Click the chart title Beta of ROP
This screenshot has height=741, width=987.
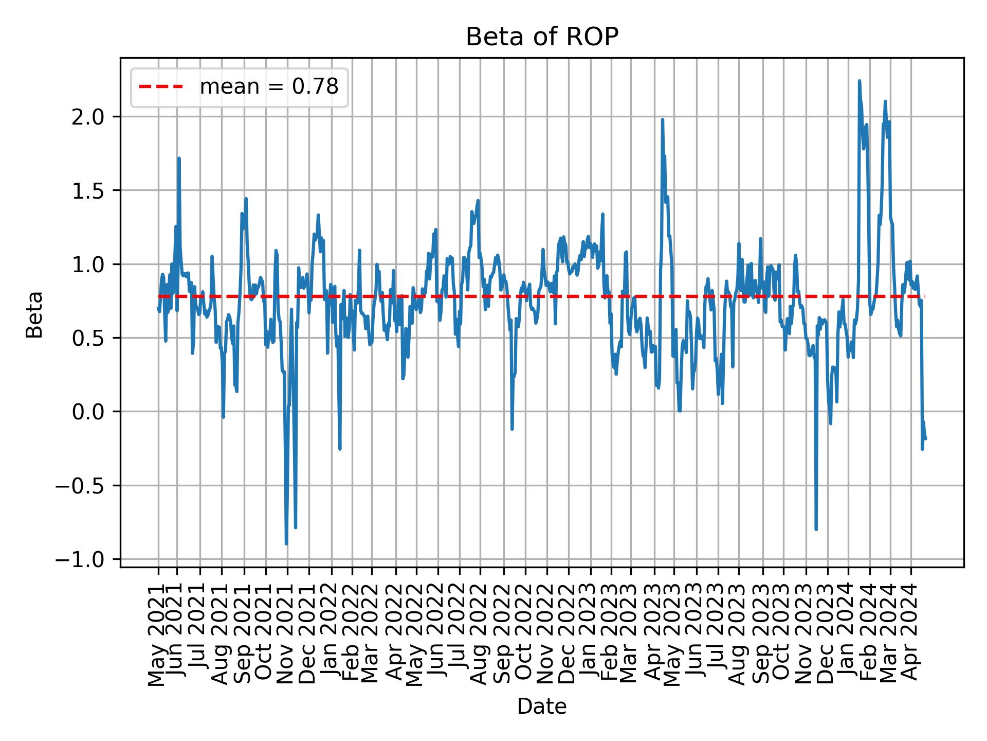[x=542, y=37]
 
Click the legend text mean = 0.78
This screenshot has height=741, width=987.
[x=269, y=87]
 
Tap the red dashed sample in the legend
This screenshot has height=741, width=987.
[x=161, y=87]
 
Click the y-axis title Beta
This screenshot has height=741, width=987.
[x=34, y=314]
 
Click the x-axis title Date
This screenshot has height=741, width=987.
[x=542, y=707]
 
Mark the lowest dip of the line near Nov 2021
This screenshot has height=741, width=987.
[x=286, y=543]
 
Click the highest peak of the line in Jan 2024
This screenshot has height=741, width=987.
[x=859, y=81]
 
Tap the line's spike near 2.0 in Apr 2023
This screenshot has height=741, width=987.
[x=662, y=120]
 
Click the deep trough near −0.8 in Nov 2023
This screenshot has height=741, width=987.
[x=816, y=529]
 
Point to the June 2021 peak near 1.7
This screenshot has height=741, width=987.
[x=178, y=158]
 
